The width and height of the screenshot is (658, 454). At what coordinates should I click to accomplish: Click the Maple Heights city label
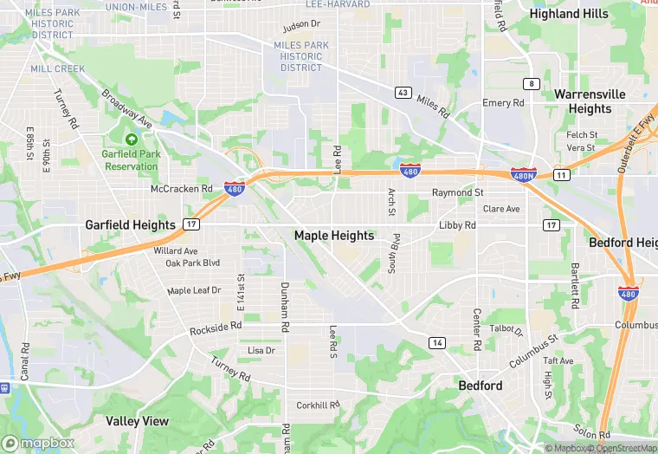click(x=334, y=235)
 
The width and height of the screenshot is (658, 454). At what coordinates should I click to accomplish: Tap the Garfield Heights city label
click(x=130, y=224)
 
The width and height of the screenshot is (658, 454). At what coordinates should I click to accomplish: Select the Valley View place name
click(x=138, y=421)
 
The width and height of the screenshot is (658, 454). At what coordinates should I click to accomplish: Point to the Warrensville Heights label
click(x=590, y=101)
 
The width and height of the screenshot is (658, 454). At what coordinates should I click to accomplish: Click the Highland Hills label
click(x=569, y=14)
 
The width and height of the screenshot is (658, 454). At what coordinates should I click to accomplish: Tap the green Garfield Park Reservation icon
click(x=132, y=139)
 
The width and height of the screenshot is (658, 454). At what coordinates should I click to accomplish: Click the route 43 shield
click(x=403, y=93)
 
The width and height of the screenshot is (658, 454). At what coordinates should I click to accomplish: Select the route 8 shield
click(x=531, y=84)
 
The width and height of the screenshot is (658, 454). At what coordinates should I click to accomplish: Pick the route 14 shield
click(x=437, y=343)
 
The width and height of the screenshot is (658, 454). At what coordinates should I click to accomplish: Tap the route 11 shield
click(x=562, y=175)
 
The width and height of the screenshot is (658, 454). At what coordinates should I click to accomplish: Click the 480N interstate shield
click(x=523, y=175)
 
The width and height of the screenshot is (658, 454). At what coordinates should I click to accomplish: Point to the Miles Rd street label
click(x=433, y=107)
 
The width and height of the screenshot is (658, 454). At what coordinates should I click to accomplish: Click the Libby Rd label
click(x=457, y=225)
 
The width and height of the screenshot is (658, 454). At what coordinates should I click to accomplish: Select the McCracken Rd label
click(x=181, y=188)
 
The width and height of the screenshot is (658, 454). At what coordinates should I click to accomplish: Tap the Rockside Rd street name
click(x=215, y=329)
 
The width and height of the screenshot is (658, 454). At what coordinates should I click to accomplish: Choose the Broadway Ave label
click(x=126, y=108)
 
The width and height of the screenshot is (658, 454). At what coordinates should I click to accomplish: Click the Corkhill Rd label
click(x=318, y=405)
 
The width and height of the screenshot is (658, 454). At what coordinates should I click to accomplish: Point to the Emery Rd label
click(x=504, y=103)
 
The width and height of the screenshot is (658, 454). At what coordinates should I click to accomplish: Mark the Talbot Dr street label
click(x=506, y=330)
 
